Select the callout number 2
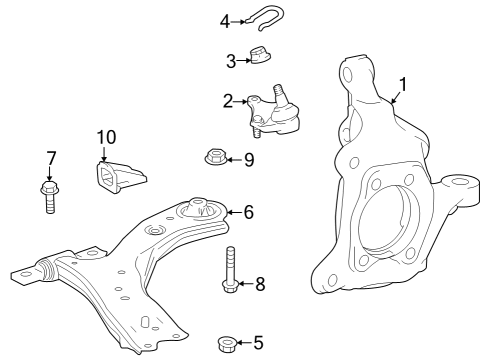228,100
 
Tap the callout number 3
230,61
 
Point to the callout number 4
225,19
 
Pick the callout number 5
258,343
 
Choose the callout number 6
249,211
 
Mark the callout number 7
52,157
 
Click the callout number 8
259,284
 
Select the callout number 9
249,158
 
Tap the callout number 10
106,137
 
